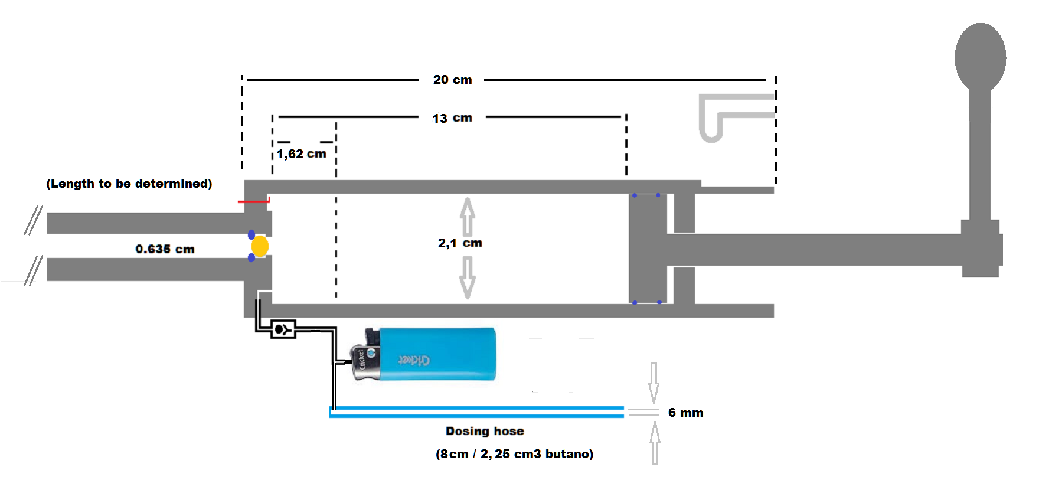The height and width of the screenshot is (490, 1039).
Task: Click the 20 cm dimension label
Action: coord(452,80)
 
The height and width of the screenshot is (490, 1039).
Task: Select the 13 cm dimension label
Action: coord(452,118)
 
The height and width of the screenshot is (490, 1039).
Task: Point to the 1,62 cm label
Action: coord(301,154)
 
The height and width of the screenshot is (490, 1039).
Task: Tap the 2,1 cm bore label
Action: coord(460,243)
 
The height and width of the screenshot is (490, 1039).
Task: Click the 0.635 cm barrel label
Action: coord(165,249)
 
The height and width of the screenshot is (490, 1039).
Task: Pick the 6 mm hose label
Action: coord(685,413)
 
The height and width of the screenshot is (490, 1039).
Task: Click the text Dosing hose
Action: coord(485,431)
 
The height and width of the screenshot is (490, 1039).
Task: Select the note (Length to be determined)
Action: coord(129,184)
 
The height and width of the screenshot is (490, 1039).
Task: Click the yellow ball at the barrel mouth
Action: coord(260,246)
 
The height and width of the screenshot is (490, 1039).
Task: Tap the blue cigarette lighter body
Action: coord(437,354)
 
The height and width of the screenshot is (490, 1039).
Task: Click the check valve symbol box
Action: coord(283,329)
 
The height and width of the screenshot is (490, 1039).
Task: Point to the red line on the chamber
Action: coord(253,201)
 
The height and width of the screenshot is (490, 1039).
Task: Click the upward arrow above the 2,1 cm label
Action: coord(467,216)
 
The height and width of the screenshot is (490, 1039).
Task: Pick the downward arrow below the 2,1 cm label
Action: coord(467,277)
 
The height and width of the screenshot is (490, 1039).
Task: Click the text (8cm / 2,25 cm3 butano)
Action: coord(514,454)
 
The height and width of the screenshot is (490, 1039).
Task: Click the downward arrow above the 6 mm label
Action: coord(654,383)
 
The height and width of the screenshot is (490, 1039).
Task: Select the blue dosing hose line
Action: coord(476,412)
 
